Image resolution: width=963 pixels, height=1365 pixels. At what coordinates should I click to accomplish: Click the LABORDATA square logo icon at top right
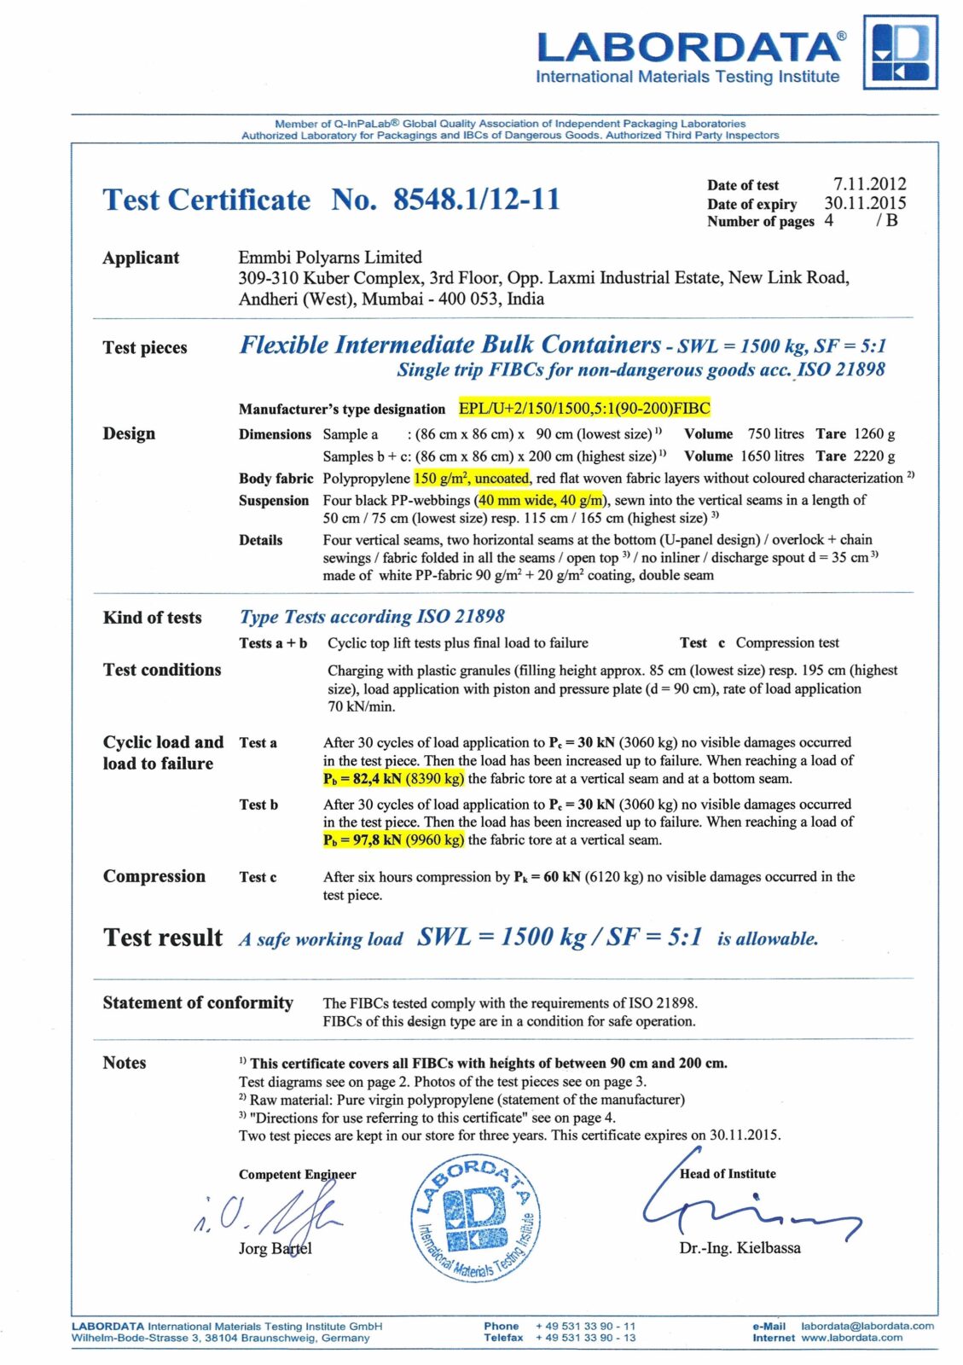(x=900, y=52)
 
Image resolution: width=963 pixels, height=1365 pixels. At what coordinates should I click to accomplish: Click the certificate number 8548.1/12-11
(x=476, y=200)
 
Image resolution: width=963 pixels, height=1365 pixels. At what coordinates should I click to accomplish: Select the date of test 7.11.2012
(x=869, y=184)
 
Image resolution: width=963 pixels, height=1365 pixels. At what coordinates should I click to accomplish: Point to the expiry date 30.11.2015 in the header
(x=865, y=203)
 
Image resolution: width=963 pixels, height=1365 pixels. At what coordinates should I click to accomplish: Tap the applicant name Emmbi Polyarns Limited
(x=330, y=257)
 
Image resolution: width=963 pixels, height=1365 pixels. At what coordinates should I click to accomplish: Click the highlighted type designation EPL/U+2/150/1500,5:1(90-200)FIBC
(x=584, y=408)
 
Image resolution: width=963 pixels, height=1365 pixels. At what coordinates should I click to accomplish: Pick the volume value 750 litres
(x=775, y=433)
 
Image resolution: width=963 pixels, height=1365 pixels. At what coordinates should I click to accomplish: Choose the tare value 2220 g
(x=873, y=456)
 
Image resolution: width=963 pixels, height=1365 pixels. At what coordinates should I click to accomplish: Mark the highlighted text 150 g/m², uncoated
(x=472, y=478)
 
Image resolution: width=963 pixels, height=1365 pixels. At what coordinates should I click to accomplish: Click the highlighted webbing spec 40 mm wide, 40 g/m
(x=540, y=500)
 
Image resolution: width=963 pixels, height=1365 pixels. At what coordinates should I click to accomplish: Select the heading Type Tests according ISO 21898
(x=372, y=616)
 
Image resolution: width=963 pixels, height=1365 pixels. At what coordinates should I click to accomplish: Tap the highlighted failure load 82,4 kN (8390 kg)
(x=394, y=778)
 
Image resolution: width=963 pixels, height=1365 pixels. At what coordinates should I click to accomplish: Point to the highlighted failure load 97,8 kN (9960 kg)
(x=394, y=839)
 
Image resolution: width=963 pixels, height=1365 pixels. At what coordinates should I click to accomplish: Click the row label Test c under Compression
(x=258, y=877)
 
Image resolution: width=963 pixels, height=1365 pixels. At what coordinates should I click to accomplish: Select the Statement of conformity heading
(x=198, y=1002)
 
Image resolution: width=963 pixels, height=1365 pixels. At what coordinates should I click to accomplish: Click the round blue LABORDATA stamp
(x=475, y=1218)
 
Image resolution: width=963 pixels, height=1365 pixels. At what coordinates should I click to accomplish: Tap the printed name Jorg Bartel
(x=275, y=1248)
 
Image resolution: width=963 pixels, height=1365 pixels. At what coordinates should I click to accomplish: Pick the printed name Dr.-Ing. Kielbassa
(x=740, y=1247)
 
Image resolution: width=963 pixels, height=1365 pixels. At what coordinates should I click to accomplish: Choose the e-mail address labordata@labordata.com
(x=867, y=1326)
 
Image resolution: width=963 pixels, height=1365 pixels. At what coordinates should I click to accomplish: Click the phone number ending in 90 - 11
(x=585, y=1326)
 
